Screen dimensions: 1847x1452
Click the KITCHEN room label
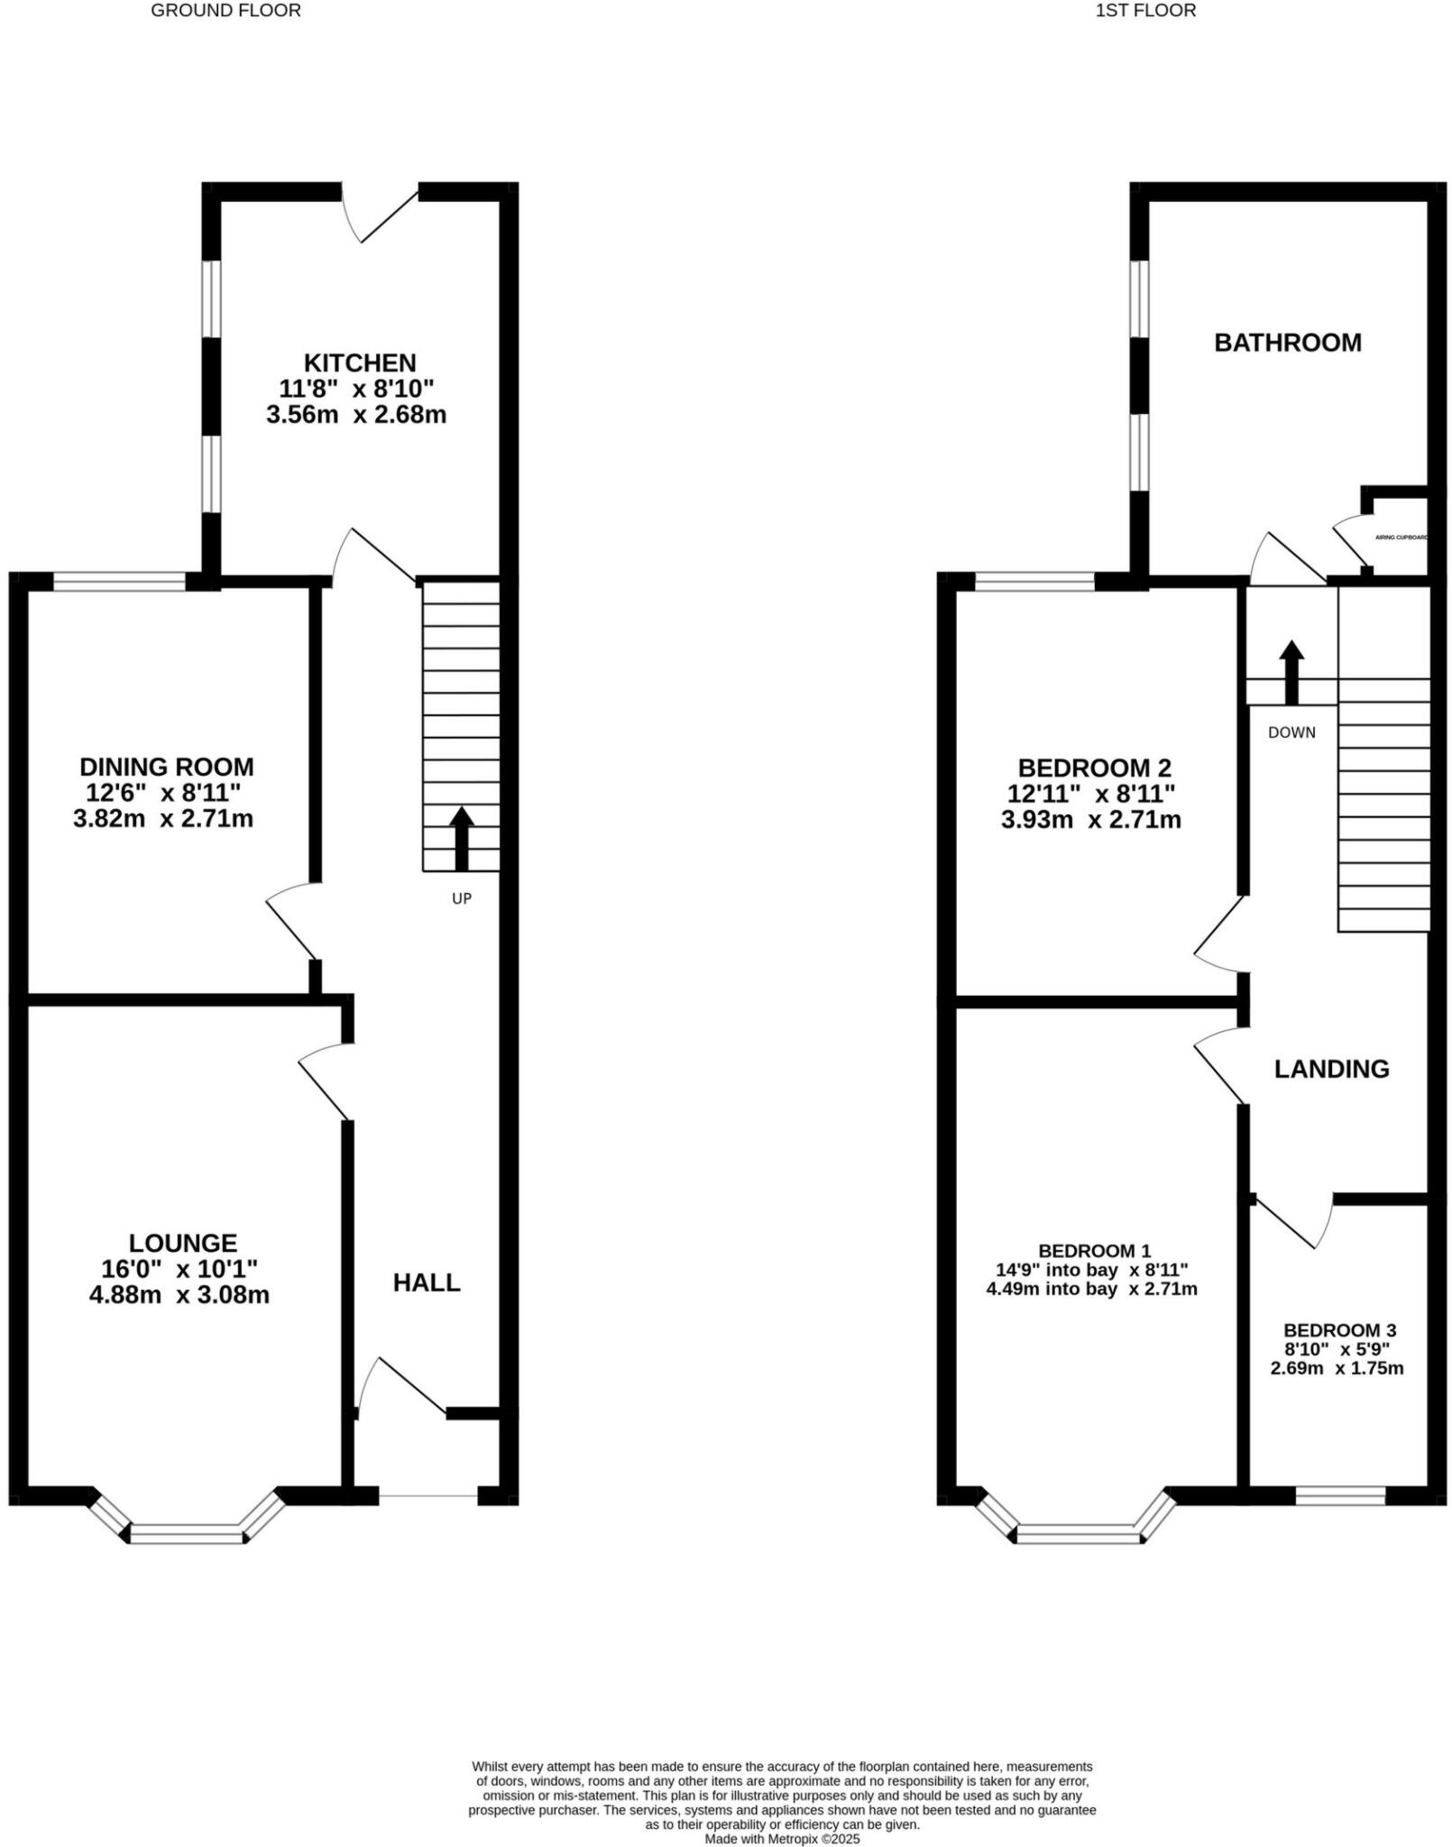[359, 363]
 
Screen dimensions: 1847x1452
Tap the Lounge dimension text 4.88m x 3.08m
[179, 1295]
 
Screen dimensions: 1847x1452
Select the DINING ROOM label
[167, 767]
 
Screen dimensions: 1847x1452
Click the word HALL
[427, 1282]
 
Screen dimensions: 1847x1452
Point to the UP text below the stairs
[461, 898]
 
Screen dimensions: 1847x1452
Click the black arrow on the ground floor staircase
[462, 838]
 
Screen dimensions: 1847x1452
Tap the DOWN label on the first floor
[1291, 732]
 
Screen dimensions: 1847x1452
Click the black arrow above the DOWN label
[1291, 672]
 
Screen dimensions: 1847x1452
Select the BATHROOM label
[1287, 343]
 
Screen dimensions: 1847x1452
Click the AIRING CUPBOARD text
[1401, 538]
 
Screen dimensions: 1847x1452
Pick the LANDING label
[1331, 1069]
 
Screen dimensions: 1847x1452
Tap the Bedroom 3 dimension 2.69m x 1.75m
[1337, 1368]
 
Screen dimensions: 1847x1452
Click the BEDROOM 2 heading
[1094, 767]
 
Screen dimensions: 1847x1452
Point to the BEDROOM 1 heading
[1094, 1251]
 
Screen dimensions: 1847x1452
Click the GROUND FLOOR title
[225, 11]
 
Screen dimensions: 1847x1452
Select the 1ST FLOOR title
[1145, 11]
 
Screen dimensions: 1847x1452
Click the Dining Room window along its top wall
[119, 582]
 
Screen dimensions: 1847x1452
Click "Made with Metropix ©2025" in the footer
[782, 1838]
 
